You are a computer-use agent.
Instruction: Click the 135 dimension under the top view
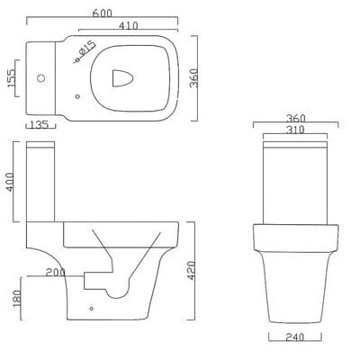click(40, 125)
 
